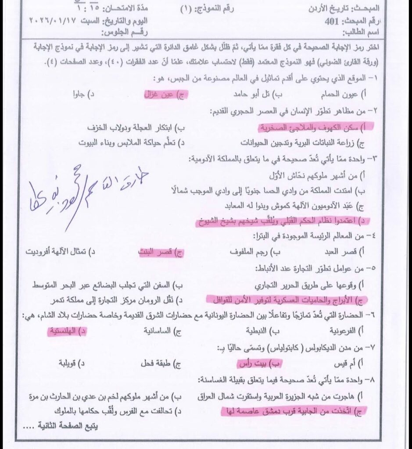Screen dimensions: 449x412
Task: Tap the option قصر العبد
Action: pyautogui.click(x=349, y=253)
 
